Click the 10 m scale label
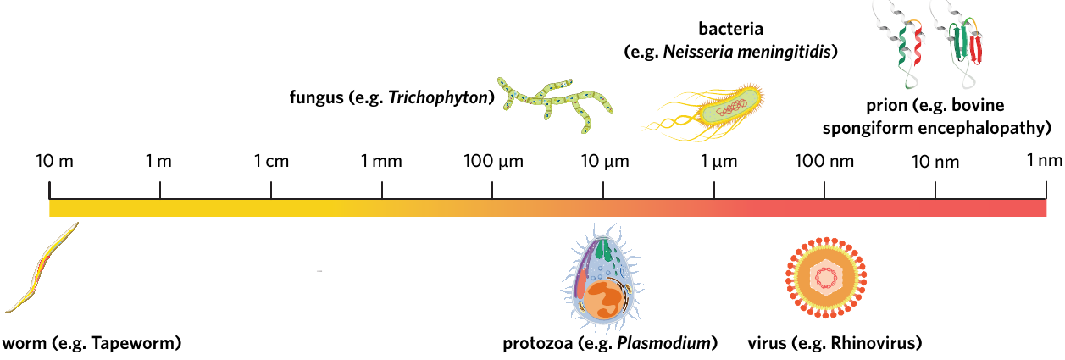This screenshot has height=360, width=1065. [x=55, y=161]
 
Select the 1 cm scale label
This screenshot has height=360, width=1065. [x=271, y=161]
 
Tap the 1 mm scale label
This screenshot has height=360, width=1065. [x=381, y=161]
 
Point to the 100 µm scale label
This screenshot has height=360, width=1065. [x=493, y=162]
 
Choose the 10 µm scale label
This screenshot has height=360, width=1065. [x=605, y=162]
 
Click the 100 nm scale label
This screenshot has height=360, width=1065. [x=824, y=161]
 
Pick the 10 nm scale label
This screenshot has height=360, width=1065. [x=935, y=162]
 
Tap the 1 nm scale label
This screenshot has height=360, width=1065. [x=1044, y=160]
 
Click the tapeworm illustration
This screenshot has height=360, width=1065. [x=41, y=269]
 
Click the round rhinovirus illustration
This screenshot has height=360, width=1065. [x=826, y=278]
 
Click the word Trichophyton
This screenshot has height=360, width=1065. [x=438, y=97]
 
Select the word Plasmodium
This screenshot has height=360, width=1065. [x=663, y=343]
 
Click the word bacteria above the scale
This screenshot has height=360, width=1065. [x=731, y=29]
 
